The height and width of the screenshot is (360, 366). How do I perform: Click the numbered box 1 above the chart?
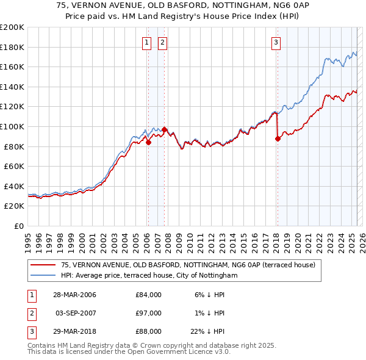coord(148,42)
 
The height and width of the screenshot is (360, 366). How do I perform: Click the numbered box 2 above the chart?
coord(163,42)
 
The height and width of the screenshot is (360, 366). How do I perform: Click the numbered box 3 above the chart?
coord(276,42)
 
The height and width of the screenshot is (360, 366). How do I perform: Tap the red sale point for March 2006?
coord(148,143)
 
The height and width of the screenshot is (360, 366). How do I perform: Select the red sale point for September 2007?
coord(164,129)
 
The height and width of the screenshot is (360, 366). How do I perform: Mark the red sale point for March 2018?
coord(278,139)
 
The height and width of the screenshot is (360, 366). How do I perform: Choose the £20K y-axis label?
coord(14,206)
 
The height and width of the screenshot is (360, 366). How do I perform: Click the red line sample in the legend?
coord(43,265)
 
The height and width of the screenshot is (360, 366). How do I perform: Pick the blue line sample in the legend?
coord(43,276)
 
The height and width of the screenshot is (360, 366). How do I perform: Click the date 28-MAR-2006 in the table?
coord(76,295)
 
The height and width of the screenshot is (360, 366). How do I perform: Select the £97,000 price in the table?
coord(149,312)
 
